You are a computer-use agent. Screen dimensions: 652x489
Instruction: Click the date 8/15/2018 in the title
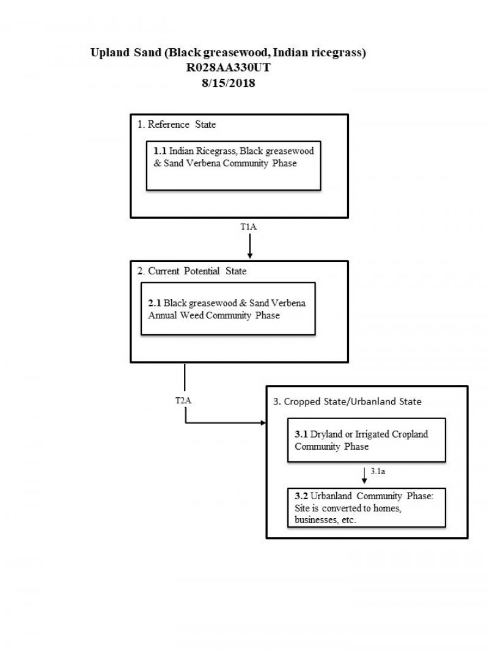pyautogui.click(x=227, y=84)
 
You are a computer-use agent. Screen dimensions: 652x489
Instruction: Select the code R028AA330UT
pyautogui.click(x=228, y=68)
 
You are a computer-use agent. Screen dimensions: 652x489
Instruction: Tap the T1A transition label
pyautogui.click(x=248, y=227)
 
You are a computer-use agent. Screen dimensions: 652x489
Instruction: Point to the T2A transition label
pyautogui.click(x=183, y=400)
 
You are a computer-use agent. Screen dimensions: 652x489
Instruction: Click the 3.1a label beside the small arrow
pyautogui.click(x=378, y=472)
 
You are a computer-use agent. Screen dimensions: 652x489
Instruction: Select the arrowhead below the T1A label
pyautogui.click(x=249, y=255)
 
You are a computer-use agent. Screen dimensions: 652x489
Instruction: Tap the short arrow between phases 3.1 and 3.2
pyautogui.click(x=364, y=476)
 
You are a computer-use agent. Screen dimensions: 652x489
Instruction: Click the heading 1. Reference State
pyautogui.click(x=176, y=125)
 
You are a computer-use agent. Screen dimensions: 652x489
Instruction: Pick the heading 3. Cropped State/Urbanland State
pyautogui.click(x=347, y=402)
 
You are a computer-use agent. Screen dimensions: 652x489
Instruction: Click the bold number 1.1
pyautogui.click(x=160, y=150)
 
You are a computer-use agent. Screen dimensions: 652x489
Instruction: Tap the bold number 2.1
pyautogui.click(x=155, y=303)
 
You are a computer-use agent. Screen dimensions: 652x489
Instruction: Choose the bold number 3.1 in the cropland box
pyautogui.click(x=301, y=434)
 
